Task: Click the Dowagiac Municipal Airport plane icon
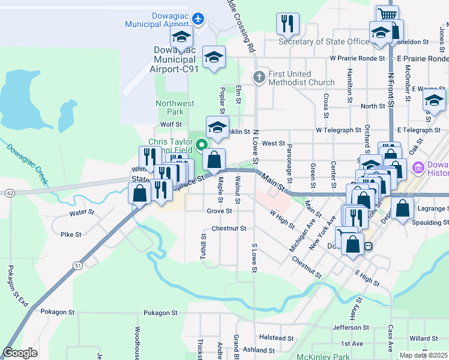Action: point(199,18)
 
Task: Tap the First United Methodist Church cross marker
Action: point(259,77)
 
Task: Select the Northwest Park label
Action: point(175,107)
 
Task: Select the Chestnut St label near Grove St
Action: point(229,229)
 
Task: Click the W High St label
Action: point(282,219)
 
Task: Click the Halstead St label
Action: point(276,338)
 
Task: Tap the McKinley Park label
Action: point(323,356)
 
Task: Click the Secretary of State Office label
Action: point(324,41)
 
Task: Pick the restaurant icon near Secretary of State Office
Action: point(288,24)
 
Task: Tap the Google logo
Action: point(20,353)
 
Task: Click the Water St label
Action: point(82,212)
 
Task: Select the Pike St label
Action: point(71,235)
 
